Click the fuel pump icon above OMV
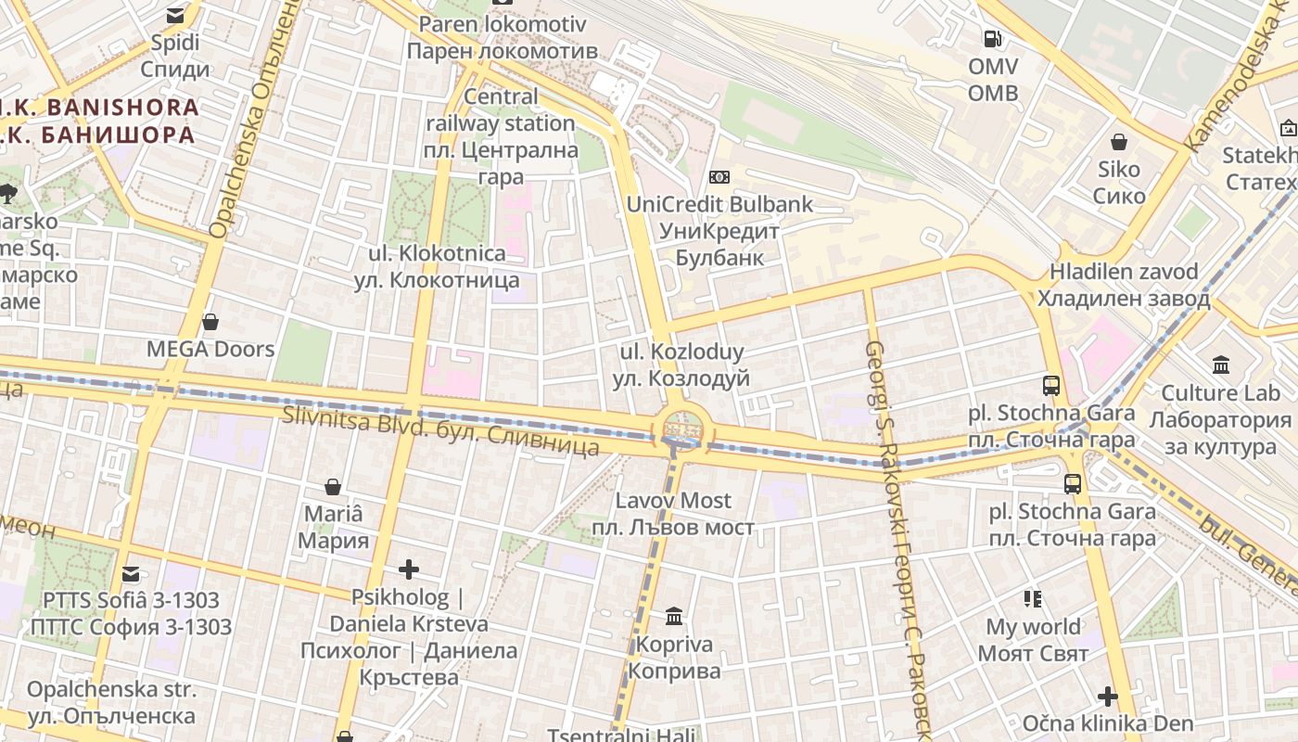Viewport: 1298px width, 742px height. coord(992,39)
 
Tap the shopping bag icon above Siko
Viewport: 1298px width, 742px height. coord(1119,142)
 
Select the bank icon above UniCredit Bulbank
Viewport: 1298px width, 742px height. coord(719,177)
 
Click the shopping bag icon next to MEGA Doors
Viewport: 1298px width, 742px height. coord(210,322)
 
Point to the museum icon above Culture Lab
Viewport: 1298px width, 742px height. coord(1220,365)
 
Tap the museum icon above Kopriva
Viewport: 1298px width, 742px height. coord(674,616)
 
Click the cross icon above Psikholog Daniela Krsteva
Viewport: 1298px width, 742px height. coord(408,569)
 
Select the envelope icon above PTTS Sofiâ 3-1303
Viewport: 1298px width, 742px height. coord(131,574)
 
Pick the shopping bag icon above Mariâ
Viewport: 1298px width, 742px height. coord(333,487)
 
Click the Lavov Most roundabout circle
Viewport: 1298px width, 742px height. coord(682,430)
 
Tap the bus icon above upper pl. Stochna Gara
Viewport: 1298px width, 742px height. coord(1051,386)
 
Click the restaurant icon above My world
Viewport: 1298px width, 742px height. coord(1033,599)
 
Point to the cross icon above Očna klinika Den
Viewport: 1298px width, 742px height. coord(1107,696)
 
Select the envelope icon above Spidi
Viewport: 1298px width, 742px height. coord(175,16)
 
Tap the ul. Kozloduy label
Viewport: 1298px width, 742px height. coord(681,365)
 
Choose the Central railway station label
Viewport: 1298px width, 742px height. coord(501,136)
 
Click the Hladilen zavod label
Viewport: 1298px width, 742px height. coord(1124,285)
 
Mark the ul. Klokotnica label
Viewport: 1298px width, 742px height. coord(437,266)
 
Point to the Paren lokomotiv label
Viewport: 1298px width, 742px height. coord(502,37)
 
